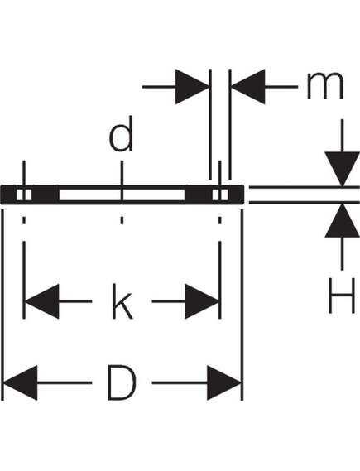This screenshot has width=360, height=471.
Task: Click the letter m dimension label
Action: pyautogui.click(x=325, y=86)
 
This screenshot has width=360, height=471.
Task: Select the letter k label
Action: pyautogui.click(x=122, y=301)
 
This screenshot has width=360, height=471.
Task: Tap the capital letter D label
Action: pyautogui.click(x=122, y=382)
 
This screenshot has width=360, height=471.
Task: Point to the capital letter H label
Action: pyautogui.click(x=342, y=296)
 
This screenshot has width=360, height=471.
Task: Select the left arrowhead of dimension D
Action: pyautogui.click(x=21, y=382)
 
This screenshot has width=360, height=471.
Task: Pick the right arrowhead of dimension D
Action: pyautogui.click(x=224, y=382)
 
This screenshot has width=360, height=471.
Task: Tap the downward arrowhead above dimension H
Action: pyautogui.click(x=342, y=169)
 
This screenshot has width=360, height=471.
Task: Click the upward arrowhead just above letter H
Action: pyautogui.click(x=342, y=221)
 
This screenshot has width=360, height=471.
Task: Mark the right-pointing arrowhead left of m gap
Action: pyautogui.click(x=192, y=87)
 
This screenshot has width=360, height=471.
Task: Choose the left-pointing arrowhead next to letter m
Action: pyautogui.click(x=247, y=87)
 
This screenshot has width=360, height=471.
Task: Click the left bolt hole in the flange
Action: pyautogui.click(x=24, y=195)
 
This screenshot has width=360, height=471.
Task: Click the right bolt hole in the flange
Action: pyautogui.click(x=220, y=195)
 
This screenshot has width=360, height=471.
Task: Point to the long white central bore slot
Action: pyautogui.click(x=122, y=195)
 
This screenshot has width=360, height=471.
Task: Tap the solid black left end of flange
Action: pyautogui.click(x=9, y=195)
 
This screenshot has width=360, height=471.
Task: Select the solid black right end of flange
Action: pyautogui.click(x=236, y=195)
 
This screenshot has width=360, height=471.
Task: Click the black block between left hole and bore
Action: pyautogui.click(x=46, y=195)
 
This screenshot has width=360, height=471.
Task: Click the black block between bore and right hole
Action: pyautogui.click(x=199, y=195)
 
